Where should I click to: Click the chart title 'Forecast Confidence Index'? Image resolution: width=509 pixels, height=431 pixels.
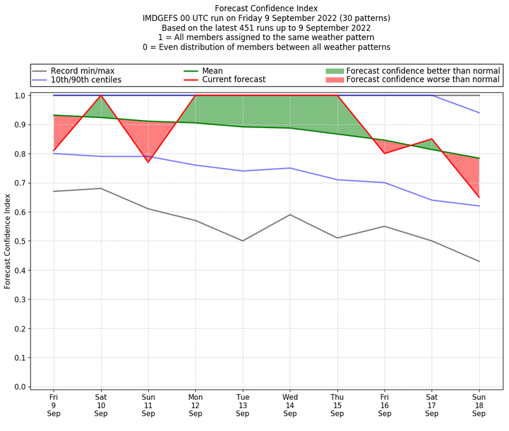pos(266,8)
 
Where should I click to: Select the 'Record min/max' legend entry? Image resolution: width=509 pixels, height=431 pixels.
pos(77,71)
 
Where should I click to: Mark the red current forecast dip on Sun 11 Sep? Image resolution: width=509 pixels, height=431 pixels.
pos(148,162)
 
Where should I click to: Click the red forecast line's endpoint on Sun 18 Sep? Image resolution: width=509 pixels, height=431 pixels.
pos(479,197)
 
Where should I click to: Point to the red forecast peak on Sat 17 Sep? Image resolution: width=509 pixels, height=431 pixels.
pos(432,139)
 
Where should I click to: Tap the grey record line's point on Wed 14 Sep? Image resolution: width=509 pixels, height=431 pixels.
pos(290,215)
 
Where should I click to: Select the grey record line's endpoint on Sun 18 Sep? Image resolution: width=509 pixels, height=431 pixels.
pos(479,261)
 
